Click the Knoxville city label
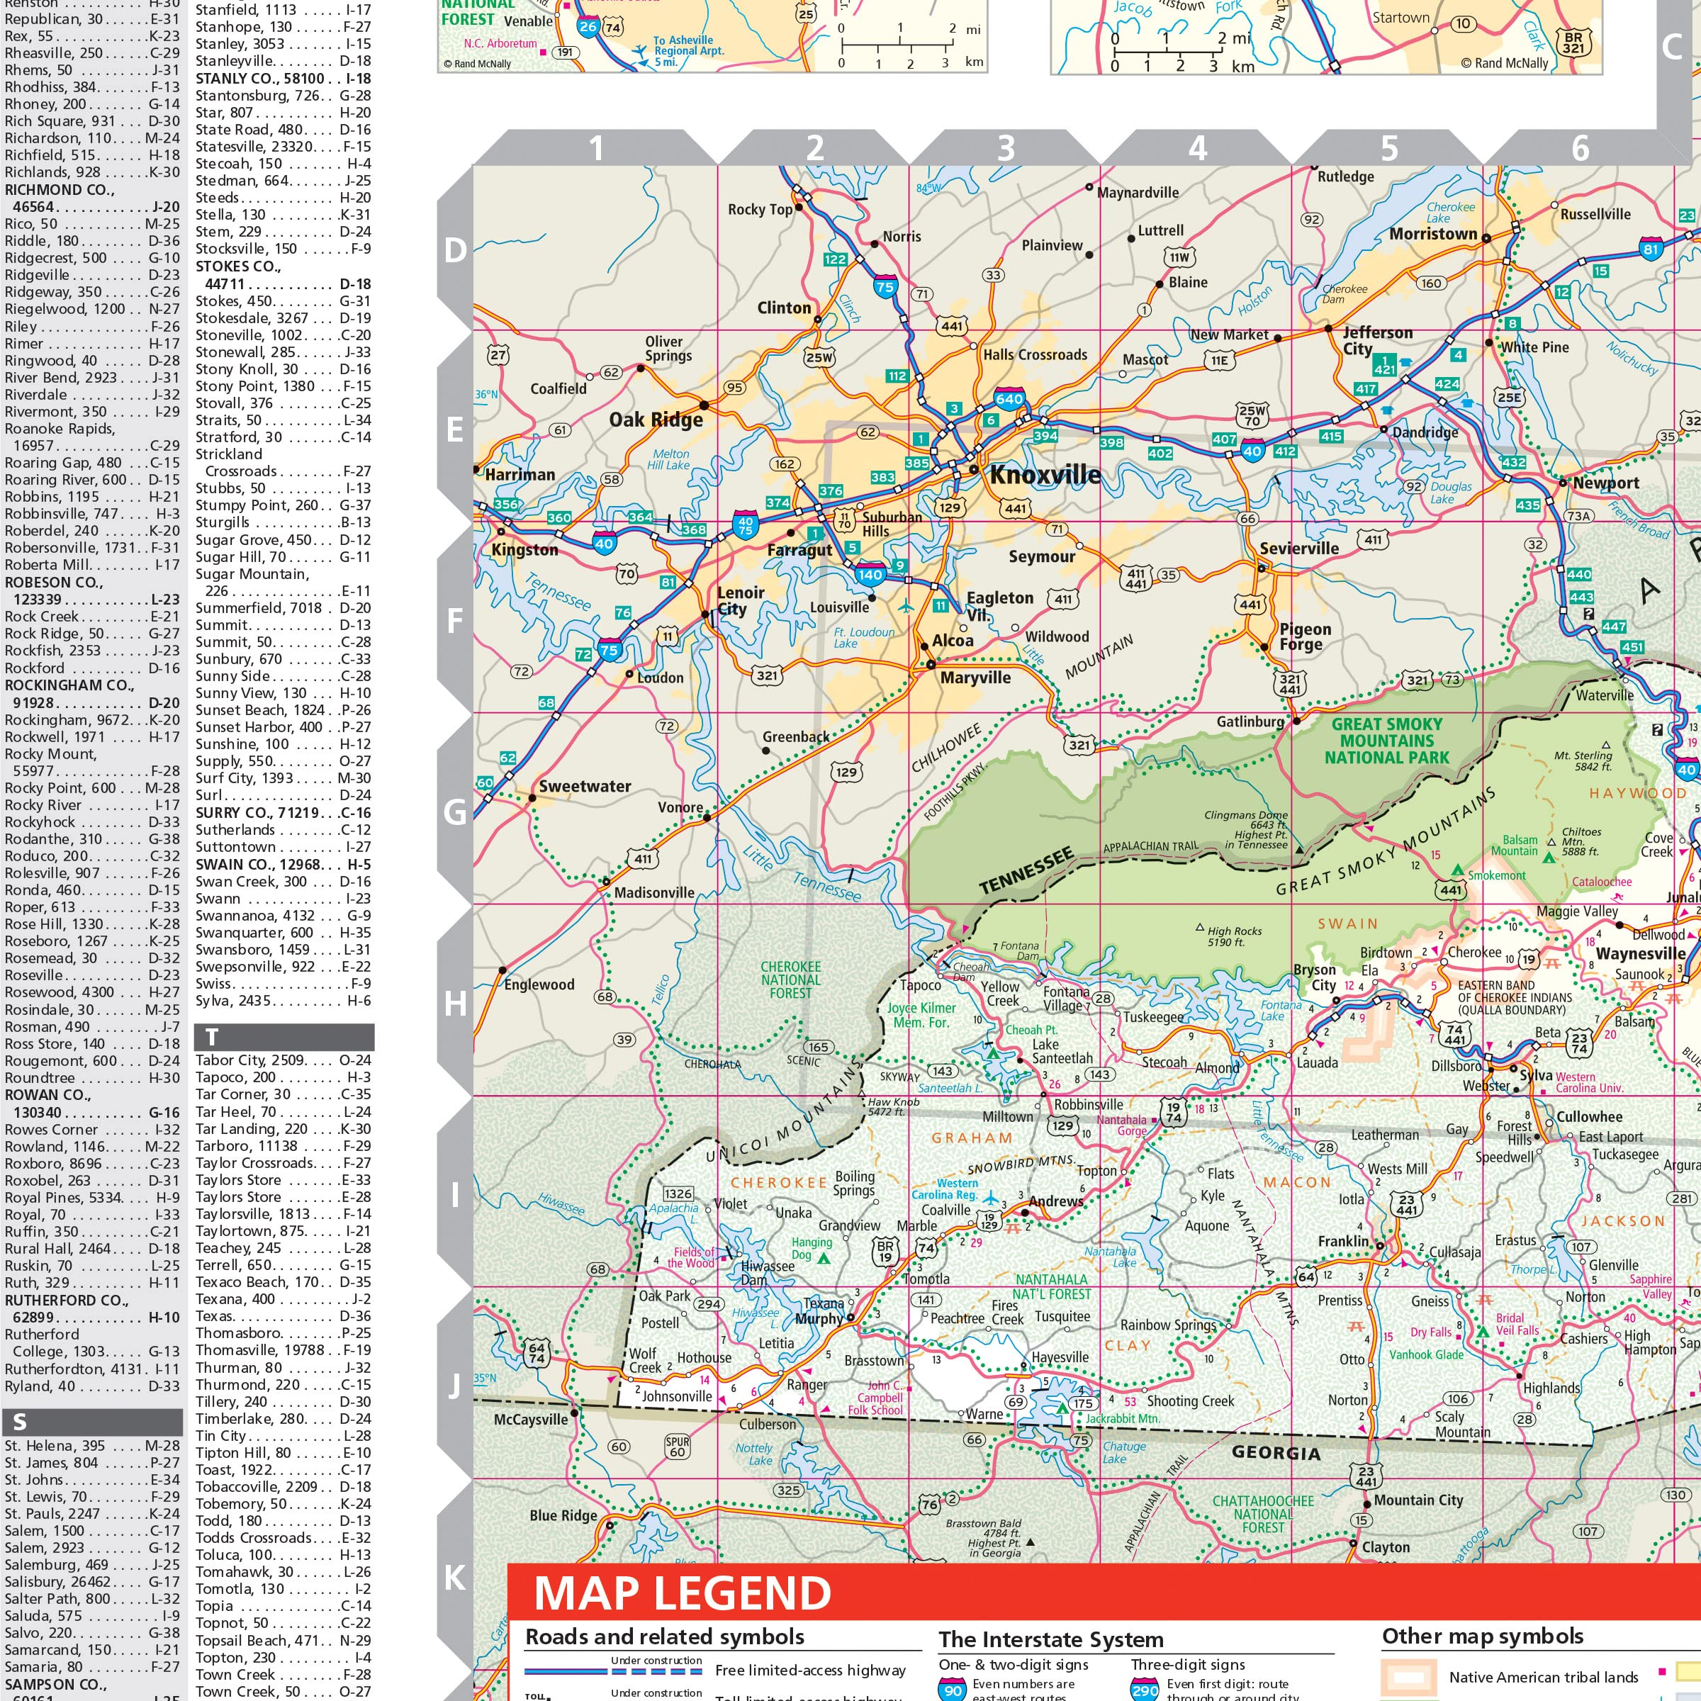(x=1045, y=476)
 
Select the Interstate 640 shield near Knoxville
(x=1009, y=399)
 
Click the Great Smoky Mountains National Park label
(x=1387, y=741)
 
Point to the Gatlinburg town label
(x=1250, y=722)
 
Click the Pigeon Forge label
(x=1305, y=636)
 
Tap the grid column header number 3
(x=1006, y=148)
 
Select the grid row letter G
(x=455, y=812)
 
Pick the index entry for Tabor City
(x=249, y=1060)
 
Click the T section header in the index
(x=211, y=1037)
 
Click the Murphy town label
(x=819, y=1319)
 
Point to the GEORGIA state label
(x=1276, y=1453)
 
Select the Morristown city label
(x=1432, y=234)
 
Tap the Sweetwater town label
(x=585, y=786)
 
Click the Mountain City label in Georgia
(x=1417, y=1500)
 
